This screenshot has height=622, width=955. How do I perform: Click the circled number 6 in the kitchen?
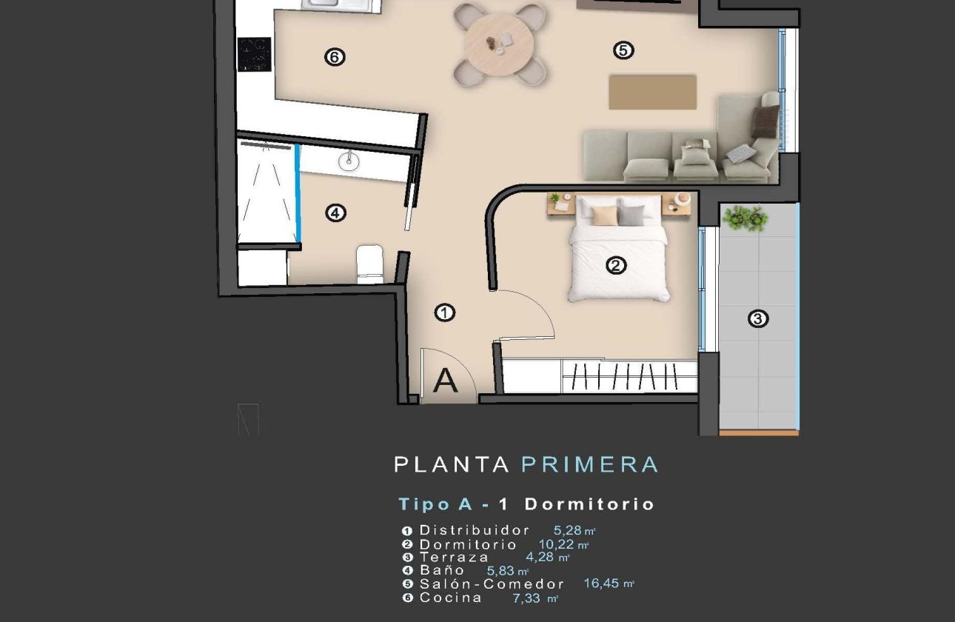(335, 57)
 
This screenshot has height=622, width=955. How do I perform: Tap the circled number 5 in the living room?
(623, 50)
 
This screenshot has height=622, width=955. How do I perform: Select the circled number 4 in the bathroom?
(335, 213)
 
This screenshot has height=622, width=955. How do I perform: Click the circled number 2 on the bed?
(616, 265)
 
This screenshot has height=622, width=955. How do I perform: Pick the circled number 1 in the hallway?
(444, 313)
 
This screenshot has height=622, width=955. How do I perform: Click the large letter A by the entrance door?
(445, 381)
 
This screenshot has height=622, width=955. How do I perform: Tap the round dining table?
(499, 44)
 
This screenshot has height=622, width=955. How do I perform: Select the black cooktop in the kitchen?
(253, 54)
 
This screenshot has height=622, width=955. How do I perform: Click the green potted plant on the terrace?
(744, 218)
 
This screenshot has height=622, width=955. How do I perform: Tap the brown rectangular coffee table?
(652, 92)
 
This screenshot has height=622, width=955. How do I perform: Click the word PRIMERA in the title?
(589, 465)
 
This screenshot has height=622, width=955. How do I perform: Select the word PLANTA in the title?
(452, 465)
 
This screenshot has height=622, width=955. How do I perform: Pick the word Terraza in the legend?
(454, 557)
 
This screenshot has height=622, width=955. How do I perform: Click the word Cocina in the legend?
(450, 598)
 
